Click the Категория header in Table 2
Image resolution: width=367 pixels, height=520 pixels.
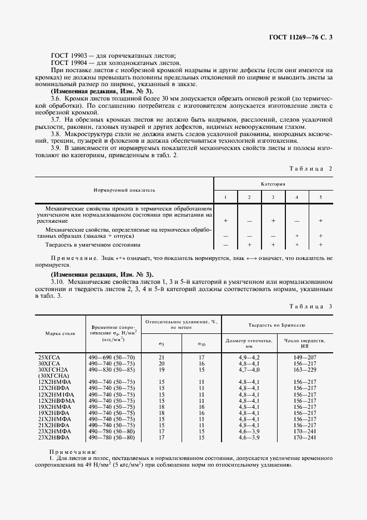(x=273, y=182)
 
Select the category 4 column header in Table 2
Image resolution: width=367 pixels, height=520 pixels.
(x=297, y=198)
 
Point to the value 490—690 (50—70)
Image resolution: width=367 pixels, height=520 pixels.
(x=112, y=356)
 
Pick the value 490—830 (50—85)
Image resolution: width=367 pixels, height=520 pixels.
(x=112, y=368)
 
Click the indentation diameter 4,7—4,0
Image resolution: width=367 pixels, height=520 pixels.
(x=249, y=368)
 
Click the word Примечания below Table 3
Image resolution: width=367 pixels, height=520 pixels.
(x=73, y=452)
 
